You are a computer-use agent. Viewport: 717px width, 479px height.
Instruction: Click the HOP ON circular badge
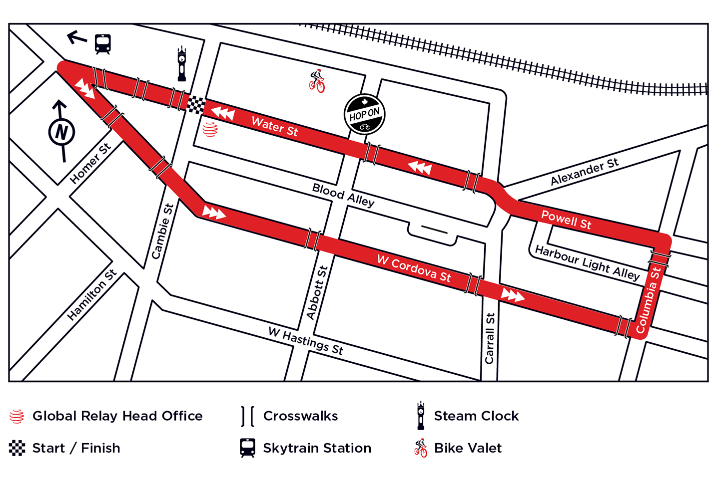click(x=364, y=114)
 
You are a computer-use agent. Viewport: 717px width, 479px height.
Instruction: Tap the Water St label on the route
click(x=274, y=126)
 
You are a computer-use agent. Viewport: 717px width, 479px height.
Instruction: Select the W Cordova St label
click(x=414, y=268)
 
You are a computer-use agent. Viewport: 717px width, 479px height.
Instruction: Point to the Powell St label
click(x=566, y=220)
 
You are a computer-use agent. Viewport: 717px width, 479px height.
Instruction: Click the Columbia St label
click(x=648, y=300)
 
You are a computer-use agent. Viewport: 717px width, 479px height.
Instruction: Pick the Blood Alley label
click(x=343, y=195)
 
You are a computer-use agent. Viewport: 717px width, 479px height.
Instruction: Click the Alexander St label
click(x=584, y=171)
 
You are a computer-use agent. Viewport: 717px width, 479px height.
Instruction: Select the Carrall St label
click(x=490, y=338)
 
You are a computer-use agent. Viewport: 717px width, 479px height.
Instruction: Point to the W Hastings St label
click(x=306, y=341)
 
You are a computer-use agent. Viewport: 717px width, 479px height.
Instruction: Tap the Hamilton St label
click(x=91, y=294)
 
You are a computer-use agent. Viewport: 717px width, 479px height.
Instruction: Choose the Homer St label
click(x=90, y=164)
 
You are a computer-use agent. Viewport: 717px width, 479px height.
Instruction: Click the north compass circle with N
click(x=61, y=132)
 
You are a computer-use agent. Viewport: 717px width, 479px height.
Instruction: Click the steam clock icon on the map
click(x=182, y=64)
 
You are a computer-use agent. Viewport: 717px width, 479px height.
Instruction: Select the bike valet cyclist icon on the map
click(x=317, y=81)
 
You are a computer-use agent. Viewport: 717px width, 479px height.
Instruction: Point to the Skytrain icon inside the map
click(x=102, y=44)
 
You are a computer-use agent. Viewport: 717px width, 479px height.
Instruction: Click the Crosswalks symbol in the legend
click(x=247, y=416)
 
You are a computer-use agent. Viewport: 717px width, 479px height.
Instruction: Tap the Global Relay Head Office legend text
click(x=117, y=416)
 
